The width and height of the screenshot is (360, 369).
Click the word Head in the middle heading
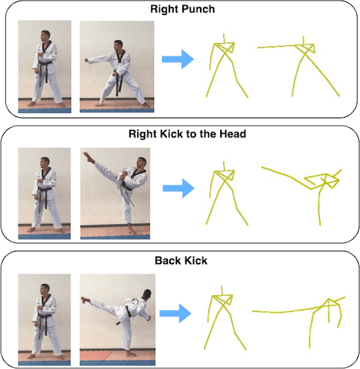tap(233, 134)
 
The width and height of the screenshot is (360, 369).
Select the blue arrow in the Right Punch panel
tap(178, 59)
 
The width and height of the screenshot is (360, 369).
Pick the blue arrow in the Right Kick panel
tap(178, 188)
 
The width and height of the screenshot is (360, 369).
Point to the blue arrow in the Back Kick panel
tap(175, 313)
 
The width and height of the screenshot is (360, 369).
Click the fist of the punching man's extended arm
tap(87, 61)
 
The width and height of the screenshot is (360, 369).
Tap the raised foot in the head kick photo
tap(88, 157)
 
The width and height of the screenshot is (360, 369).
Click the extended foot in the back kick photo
tap(85, 300)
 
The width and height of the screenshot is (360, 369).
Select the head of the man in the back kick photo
tap(148, 293)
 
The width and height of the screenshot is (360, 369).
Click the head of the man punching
tap(118, 46)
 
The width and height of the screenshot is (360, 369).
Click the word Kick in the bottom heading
tap(196, 261)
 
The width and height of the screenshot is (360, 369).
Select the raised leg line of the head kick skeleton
tap(287, 178)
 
